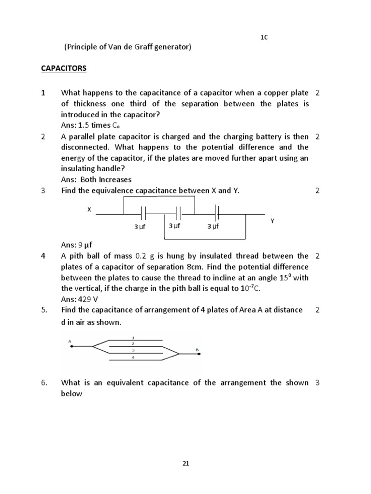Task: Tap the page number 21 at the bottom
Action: [x=185, y=464]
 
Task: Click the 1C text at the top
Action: [x=264, y=38]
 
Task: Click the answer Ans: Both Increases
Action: [x=96, y=179]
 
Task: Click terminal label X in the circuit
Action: [x=89, y=210]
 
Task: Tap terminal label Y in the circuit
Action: [x=272, y=220]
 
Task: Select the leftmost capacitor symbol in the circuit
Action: [x=143, y=213]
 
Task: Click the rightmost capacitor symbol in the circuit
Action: [x=217, y=213]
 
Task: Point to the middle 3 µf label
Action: [x=174, y=226]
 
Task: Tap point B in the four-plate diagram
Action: [x=197, y=350]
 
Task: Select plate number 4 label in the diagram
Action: [x=133, y=357]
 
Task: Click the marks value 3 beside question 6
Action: [x=317, y=383]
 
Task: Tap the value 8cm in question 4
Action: [x=218, y=267]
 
